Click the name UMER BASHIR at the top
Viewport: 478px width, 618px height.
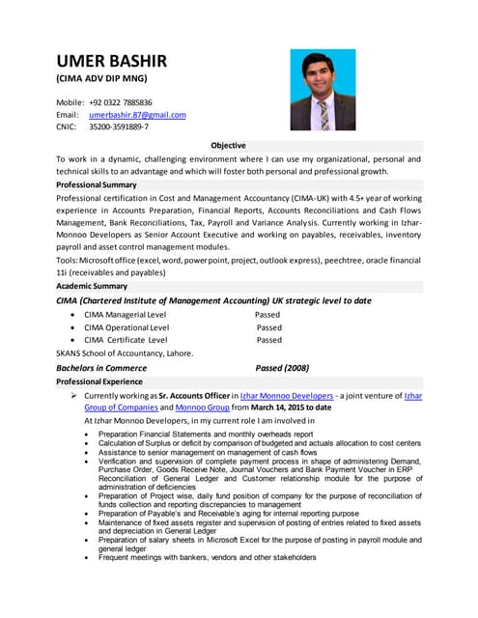point(111,61)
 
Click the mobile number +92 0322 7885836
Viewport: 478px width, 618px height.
point(121,101)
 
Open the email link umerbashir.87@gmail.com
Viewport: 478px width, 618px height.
point(137,114)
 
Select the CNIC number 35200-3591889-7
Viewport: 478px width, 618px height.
point(119,126)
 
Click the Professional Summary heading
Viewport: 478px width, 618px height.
point(97,184)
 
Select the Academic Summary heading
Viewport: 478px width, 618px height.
point(92,286)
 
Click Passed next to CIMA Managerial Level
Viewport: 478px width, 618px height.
point(267,315)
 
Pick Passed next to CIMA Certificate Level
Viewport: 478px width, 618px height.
point(269,340)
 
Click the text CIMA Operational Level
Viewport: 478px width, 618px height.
point(127,327)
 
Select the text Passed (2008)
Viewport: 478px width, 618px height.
point(282,368)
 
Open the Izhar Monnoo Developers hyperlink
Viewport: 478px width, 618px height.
point(289,396)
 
